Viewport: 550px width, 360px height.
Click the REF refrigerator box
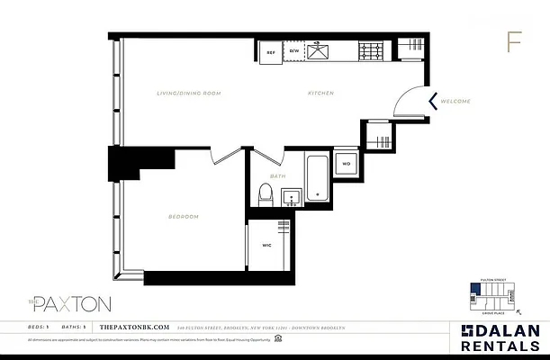pyautogui.click(x=271, y=52)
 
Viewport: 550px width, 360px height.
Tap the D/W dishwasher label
pyautogui.click(x=293, y=52)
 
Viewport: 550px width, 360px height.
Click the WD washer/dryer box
pyautogui.click(x=346, y=165)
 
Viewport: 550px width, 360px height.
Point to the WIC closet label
pyautogui.click(x=266, y=244)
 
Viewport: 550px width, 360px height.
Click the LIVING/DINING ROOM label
pyautogui.click(x=188, y=94)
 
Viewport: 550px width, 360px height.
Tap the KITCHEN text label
pyautogui.click(x=321, y=94)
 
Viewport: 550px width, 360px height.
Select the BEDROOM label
pyautogui.click(x=184, y=217)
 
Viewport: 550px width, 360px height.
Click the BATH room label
pyautogui.click(x=278, y=176)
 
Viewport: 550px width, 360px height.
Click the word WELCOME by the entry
pyautogui.click(x=456, y=102)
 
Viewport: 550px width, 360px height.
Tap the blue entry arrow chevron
pyautogui.click(x=433, y=101)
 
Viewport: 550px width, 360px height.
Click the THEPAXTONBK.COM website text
pyautogui.click(x=131, y=326)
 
